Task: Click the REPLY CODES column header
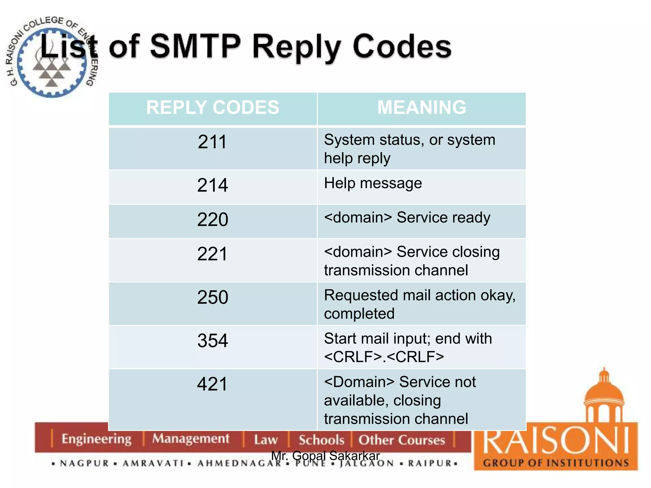(212, 107)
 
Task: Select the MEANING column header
(421, 107)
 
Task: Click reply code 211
(212, 142)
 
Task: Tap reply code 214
(212, 185)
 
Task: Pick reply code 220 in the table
(212, 219)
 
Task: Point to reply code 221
(212, 254)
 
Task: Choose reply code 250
(212, 297)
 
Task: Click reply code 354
(212, 341)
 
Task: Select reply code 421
(212, 384)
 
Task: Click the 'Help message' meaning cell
(373, 183)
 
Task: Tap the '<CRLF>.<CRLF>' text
(384, 357)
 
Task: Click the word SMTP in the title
(195, 47)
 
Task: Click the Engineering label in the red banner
(96, 439)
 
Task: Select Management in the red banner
(190, 439)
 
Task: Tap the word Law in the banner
(266, 440)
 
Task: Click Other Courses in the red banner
(401, 440)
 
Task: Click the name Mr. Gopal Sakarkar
(325, 456)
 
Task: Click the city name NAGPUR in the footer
(85, 463)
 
